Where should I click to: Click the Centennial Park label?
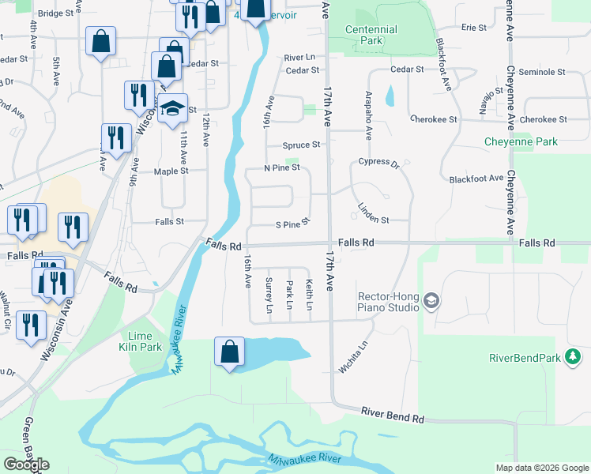pos(371,35)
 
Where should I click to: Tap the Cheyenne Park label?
pos(521,142)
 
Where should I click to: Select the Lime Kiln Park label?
pos(141,342)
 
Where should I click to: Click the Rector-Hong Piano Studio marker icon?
pos(431,300)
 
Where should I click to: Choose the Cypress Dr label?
pos(379,163)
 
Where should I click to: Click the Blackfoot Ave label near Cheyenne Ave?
pos(476,179)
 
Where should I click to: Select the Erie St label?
pos(474,28)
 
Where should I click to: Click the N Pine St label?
pos(282,167)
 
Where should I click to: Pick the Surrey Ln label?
pos(269,295)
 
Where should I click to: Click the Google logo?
pos(27,465)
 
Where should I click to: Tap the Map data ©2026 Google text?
pos(541,468)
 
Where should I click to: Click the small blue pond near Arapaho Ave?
pos(390,96)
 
